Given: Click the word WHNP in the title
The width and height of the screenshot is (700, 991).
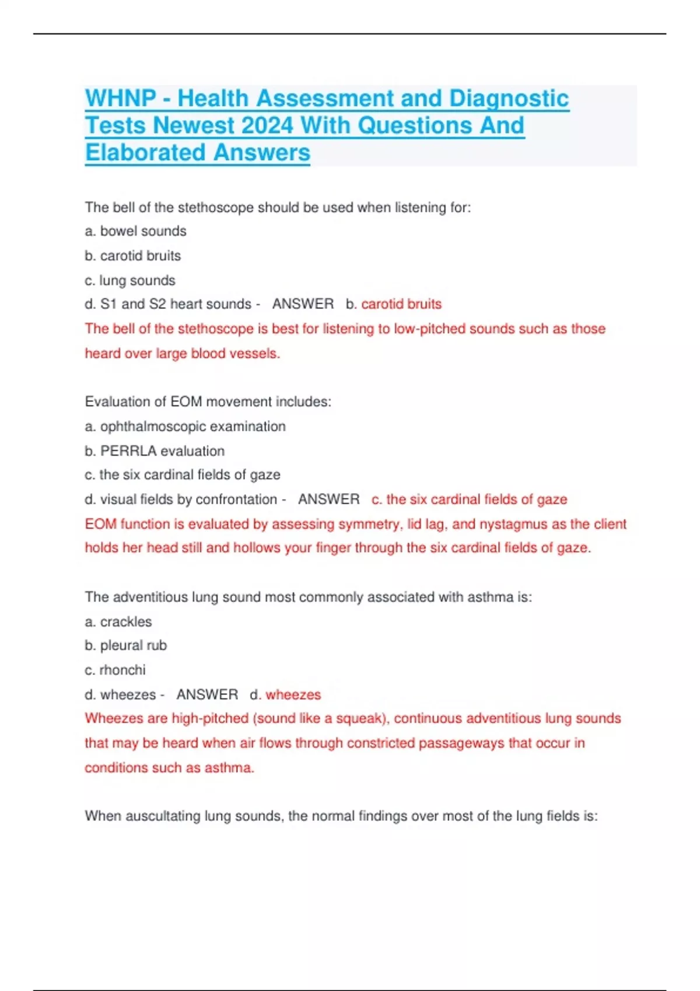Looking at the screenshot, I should (x=120, y=99).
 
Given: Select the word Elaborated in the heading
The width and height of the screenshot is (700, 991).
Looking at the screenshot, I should (x=145, y=153).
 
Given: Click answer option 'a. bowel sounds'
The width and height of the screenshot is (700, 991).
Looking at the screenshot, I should (x=135, y=231).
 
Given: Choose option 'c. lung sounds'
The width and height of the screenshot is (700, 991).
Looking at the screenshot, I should (x=129, y=280).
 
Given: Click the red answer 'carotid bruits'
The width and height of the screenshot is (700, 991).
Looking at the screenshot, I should (x=401, y=304).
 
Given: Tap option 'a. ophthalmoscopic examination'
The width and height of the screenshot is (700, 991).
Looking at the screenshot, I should (x=185, y=427).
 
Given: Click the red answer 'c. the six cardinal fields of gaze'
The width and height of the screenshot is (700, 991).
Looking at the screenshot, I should (x=469, y=500).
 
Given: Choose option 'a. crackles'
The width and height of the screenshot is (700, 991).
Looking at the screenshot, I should (x=118, y=622).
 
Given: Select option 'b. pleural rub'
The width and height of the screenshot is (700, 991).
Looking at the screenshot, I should (x=125, y=646).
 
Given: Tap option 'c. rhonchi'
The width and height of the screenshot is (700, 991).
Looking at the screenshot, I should (x=115, y=670).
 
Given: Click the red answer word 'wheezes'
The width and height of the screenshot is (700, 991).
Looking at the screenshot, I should (x=293, y=695).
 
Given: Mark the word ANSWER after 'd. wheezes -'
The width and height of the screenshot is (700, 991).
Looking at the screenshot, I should (x=207, y=695).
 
